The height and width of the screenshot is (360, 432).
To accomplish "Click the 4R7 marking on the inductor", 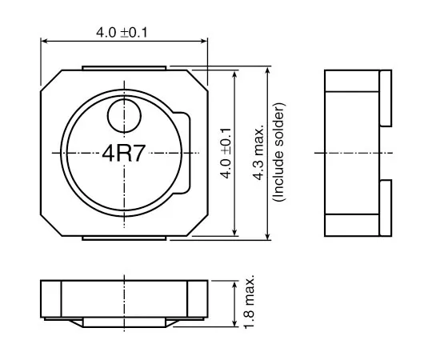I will (x=123, y=154).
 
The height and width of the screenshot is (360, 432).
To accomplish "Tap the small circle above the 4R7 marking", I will (x=123, y=114).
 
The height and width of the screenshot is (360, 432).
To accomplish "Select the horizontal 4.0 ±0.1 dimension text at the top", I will (x=123, y=32).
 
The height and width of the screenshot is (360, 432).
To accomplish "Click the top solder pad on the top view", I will (x=124, y=67).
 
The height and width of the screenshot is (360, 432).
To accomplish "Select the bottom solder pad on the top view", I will (x=124, y=237).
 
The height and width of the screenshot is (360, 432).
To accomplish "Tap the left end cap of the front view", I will (x=51, y=300).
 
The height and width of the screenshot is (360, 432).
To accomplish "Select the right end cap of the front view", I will (x=198, y=300).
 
